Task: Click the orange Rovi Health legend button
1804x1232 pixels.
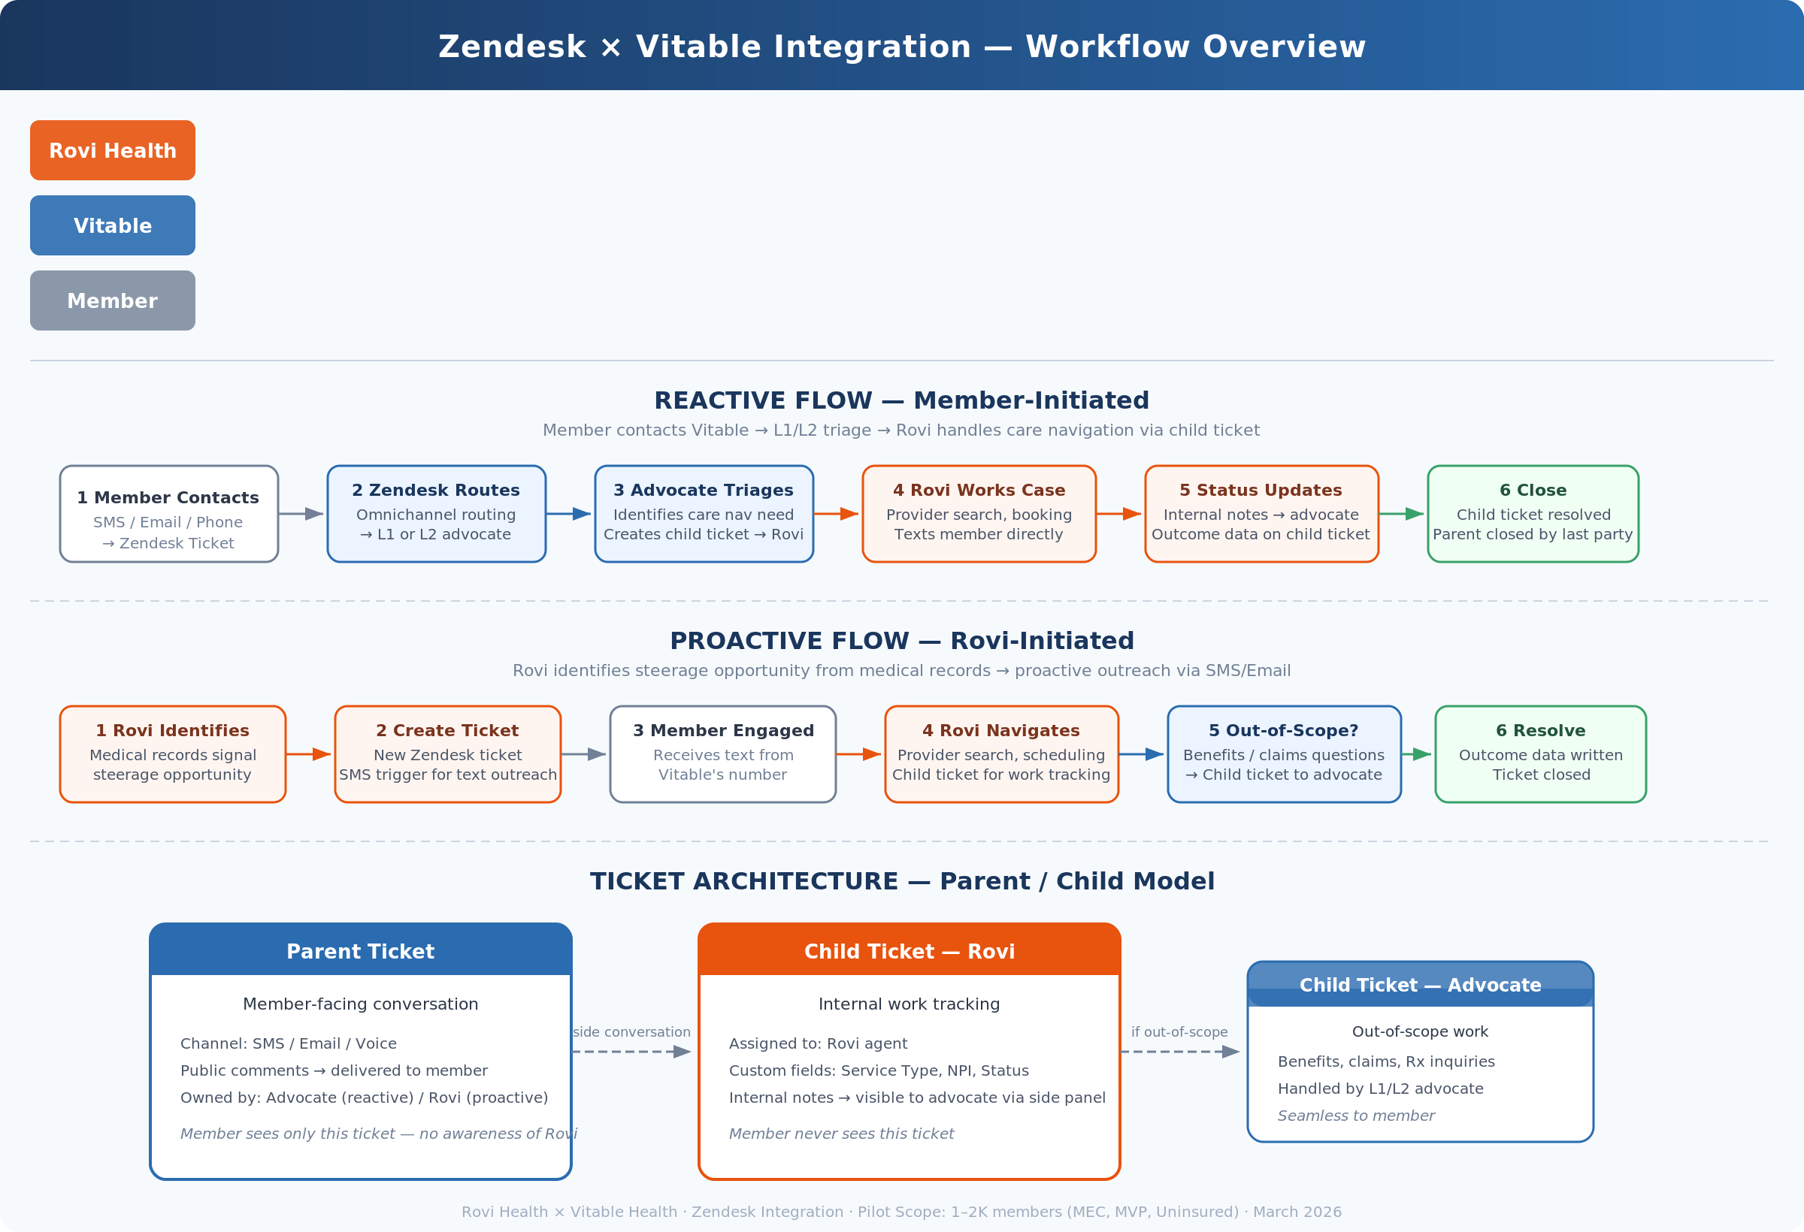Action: tap(113, 150)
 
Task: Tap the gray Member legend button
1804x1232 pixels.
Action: tap(113, 301)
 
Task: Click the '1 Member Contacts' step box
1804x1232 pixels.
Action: tap(169, 515)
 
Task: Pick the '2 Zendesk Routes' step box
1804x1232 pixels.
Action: tap(436, 515)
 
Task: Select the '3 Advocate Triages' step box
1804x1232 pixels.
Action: tap(704, 515)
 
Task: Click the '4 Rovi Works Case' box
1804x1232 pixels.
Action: tap(979, 515)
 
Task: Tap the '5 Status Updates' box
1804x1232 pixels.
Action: tap(1261, 515)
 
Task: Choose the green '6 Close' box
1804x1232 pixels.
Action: tap(1533, 515)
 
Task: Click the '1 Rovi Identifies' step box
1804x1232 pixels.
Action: tap(173, 754)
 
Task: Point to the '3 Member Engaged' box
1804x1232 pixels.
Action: tap(722, 754)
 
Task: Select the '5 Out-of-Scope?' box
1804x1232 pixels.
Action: tap(1284, 754)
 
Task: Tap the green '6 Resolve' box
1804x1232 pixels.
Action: tap(1541, 754)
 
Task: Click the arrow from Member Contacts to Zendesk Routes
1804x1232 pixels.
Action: tap(301, 515)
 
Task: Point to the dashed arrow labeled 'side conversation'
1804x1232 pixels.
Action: tap(632, 1052)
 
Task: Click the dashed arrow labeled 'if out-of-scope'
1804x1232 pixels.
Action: tap(1181, 1052)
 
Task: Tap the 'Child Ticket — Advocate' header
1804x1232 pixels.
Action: tap(1421, 985)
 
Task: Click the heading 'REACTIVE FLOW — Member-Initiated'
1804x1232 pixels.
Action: tap(902, 400)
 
